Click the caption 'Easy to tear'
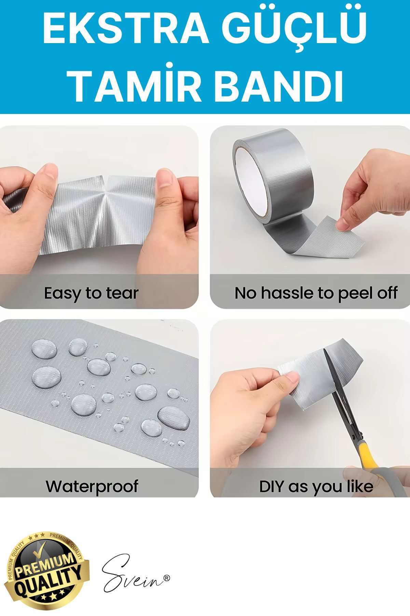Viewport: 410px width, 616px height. (x=91, y=293)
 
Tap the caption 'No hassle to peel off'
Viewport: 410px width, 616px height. (x=316, y=293)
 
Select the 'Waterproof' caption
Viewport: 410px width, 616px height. (x=92, y=486)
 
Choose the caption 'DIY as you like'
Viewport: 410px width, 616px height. (x=316, y=487)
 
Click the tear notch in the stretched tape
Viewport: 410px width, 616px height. (x=106, y=179)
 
